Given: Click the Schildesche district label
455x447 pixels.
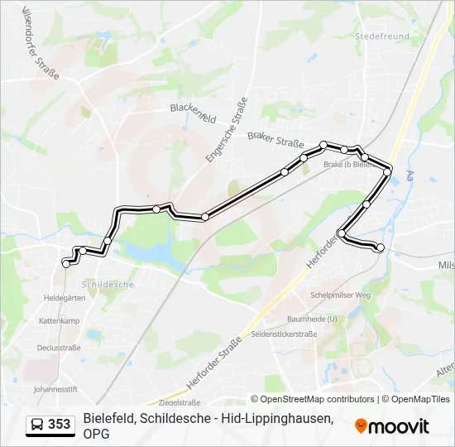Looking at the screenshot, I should click(108, 284).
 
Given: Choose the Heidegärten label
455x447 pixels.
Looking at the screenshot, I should click(65, 297).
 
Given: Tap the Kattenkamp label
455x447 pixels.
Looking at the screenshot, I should click(58, 320).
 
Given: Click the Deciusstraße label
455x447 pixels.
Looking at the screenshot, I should click(59, 348).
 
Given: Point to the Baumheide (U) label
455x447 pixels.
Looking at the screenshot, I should click(312, 319).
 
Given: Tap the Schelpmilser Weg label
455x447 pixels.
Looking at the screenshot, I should click(340, 296).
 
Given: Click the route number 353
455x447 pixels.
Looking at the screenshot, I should click(59, 425).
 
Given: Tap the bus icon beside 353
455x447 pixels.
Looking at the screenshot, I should click(37, 425).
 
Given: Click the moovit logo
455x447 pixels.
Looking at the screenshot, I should click(392, 425).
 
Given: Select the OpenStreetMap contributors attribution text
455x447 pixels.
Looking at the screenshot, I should click(312, 399).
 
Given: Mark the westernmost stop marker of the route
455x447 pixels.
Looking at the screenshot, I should click(66, 263).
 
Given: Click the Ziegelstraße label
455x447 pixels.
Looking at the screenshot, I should click(180, 402).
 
